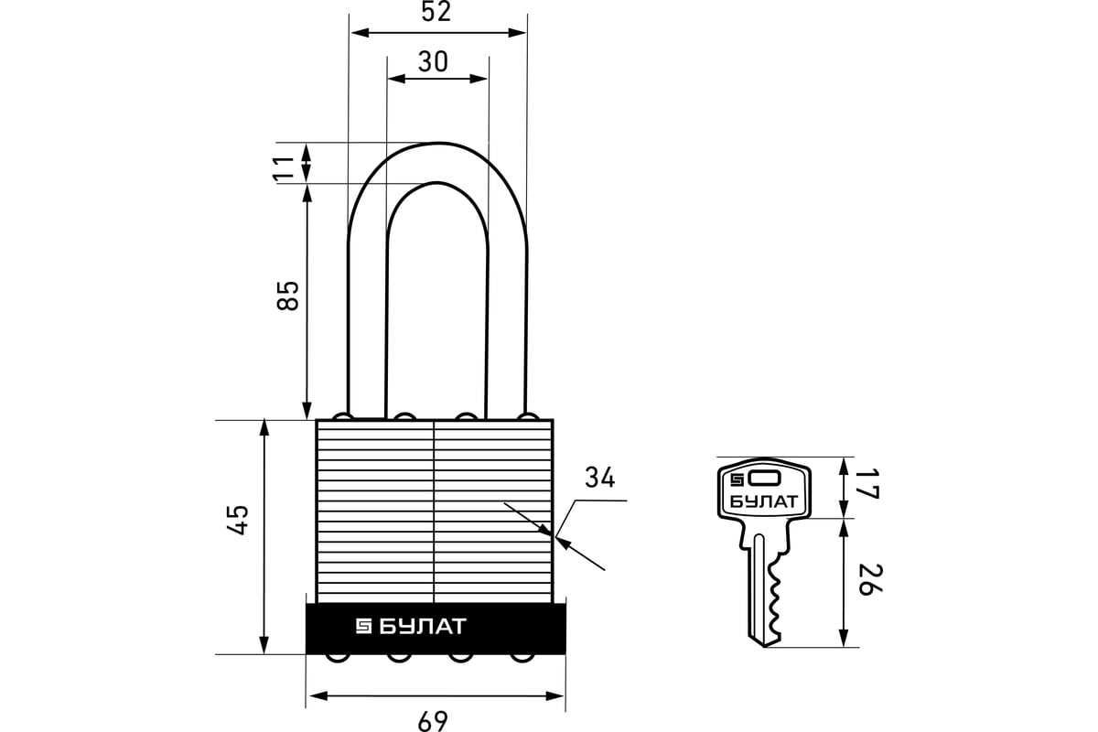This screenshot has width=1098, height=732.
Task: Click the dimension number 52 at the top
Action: tap(437, 12)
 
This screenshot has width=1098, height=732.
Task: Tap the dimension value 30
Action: tap(433, 61)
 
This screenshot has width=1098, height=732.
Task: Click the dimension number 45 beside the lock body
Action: tap(237, 521)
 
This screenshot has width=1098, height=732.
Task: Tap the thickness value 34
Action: tap(599, 478)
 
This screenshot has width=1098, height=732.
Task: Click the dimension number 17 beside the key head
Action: tap(868, 486)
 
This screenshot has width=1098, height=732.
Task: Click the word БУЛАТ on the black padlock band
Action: tap(423, 627)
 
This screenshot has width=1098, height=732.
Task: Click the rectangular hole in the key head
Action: tap(765, 478)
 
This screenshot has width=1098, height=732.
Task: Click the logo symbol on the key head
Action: tap(737, 478)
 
